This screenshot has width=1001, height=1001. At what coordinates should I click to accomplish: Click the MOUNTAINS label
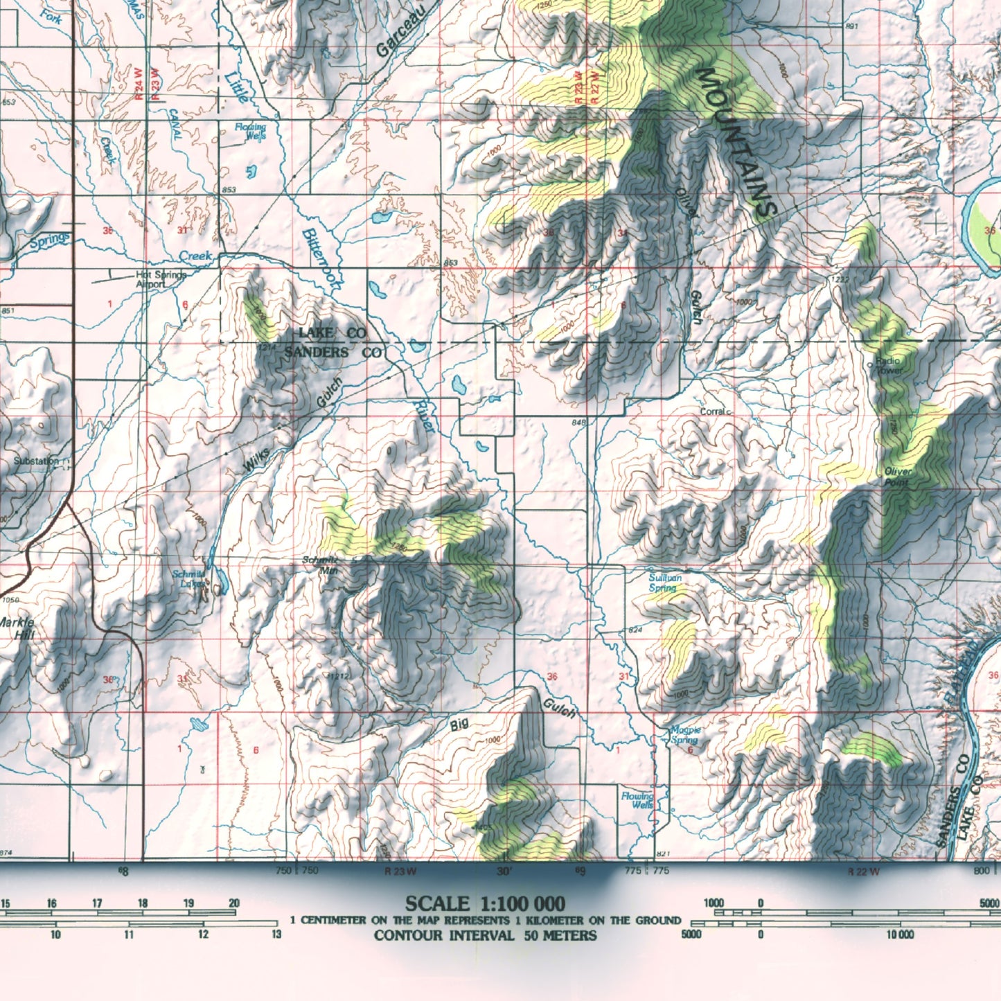[x=738, y=142]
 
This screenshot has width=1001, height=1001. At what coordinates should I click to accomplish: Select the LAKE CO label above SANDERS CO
[x=333, y=333]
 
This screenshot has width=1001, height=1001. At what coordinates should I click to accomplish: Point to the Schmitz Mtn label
[x=321, y=565]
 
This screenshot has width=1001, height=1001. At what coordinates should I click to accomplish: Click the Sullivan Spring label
[x=665, y=583]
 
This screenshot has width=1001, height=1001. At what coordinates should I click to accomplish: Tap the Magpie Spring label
[x=685, y=735]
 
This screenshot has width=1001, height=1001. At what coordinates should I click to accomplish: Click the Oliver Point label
[x=898, y=477]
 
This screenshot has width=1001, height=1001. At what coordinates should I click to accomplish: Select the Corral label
[x=712, y=411]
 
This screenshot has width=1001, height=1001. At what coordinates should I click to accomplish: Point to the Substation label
[x=36, y=461]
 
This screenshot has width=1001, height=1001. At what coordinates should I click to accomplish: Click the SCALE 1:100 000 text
[x=484, y=904]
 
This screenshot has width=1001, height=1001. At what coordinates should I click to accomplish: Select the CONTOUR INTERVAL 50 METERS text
[x=484, y=936]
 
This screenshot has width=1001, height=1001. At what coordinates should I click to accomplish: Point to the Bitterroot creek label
[x=322, y=258]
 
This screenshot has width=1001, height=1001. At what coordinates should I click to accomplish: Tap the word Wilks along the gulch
[x=257, y=461]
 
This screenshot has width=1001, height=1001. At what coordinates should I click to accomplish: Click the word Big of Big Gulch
[x=459, y=725]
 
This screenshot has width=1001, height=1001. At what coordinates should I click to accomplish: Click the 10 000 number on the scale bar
[x=898, y=935]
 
